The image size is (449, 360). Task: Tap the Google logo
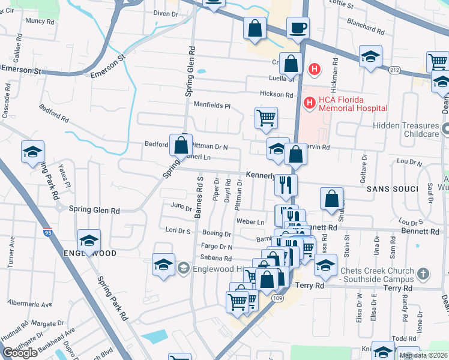click(x=20, y=353)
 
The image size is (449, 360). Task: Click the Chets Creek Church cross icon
click(x=424, y=274)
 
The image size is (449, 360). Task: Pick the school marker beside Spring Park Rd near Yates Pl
click(x=32, y=152)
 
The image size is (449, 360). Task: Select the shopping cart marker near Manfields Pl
click(x=266, y=118)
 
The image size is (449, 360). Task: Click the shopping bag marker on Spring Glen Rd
click(x=181, y=145)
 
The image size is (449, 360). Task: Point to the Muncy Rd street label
click(x=40, y=21)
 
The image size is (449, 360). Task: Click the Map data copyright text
click(x=423, y=355)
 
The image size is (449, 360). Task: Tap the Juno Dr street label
click(x=181, y=208)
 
